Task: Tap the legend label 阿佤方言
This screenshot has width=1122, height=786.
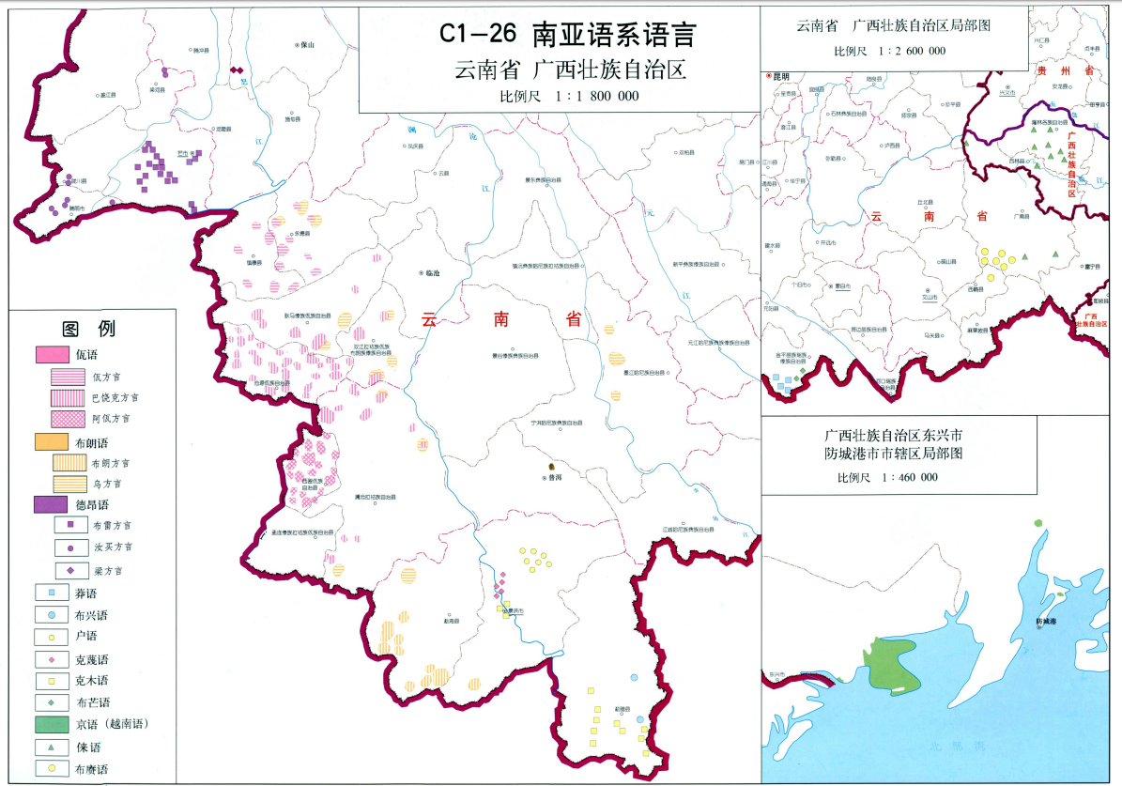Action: click(x=111, y=419)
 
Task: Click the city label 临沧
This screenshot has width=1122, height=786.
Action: click(x=433, y=272)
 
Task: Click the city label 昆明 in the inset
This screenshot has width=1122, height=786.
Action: click(x=779, y=75)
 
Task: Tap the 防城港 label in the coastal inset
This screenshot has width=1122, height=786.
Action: click(x=1046, y=622)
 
